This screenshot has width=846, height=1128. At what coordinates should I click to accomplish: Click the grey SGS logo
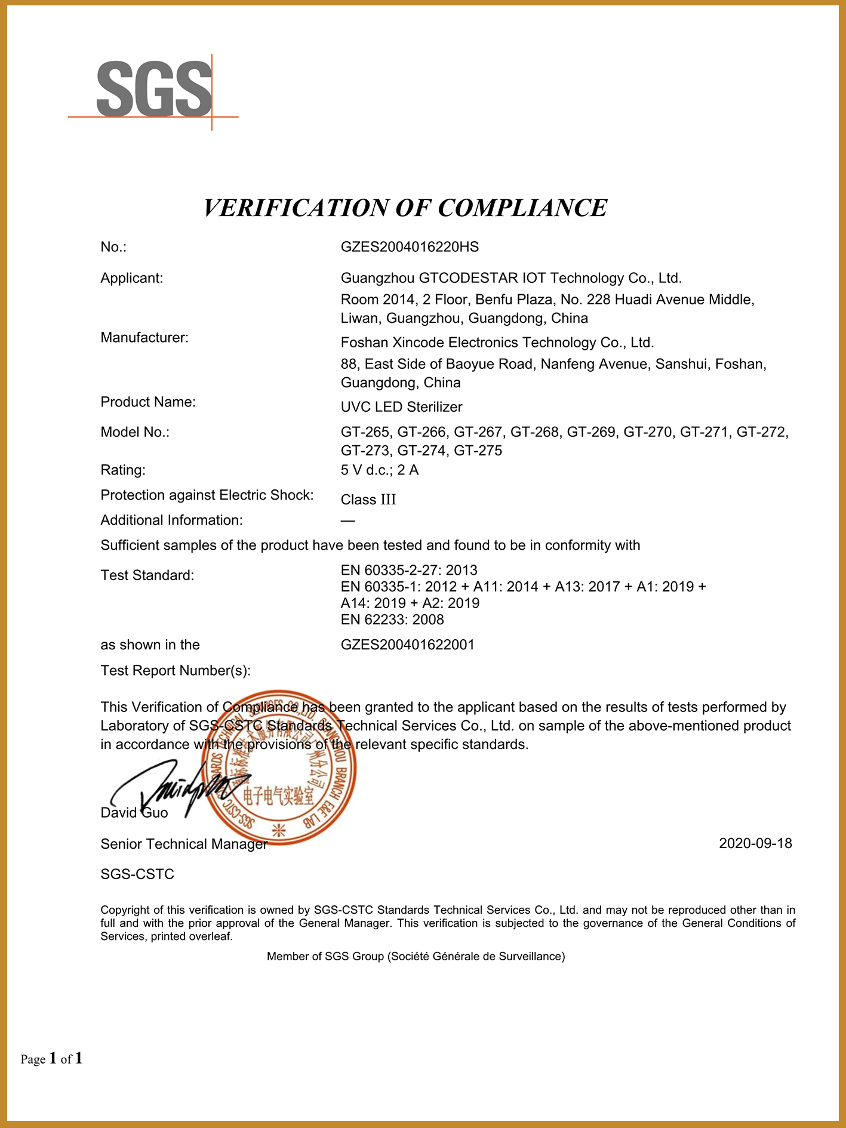click(x=154, y=90)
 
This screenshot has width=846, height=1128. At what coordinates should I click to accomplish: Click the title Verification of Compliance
click(x=405, y=208)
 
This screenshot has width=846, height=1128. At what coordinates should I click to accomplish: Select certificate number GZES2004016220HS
click(x=410, y=247)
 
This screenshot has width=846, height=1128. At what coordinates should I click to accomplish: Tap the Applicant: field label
click(x=131, y=278)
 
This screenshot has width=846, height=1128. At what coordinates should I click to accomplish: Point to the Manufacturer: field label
click(x=144, y=338)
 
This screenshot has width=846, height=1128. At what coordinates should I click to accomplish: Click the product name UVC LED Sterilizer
click(x=401, y=407)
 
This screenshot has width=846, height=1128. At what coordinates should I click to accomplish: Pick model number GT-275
click(x=478, y=451)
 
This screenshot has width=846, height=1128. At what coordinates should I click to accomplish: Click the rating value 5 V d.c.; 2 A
click(x=379, y=470)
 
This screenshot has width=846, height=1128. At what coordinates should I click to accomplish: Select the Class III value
click(x=368, y=500)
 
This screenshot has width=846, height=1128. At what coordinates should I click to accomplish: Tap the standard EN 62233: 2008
click(x=392, y=620)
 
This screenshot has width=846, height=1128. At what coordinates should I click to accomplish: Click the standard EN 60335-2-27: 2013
click(x=409, y=570)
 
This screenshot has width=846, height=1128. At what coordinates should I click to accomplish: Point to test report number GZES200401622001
click(x=407, y=645)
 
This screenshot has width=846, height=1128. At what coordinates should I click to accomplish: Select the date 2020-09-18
click(x=755, y=843)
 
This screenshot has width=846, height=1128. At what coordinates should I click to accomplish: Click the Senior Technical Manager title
click(x=183, y=844)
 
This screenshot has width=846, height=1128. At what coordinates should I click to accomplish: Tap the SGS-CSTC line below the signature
click(x=137, y=874)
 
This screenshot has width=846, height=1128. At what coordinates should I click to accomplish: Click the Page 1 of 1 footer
click(x=51, y=1059)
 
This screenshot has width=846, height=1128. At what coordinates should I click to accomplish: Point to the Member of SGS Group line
click(x=416, y=957)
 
